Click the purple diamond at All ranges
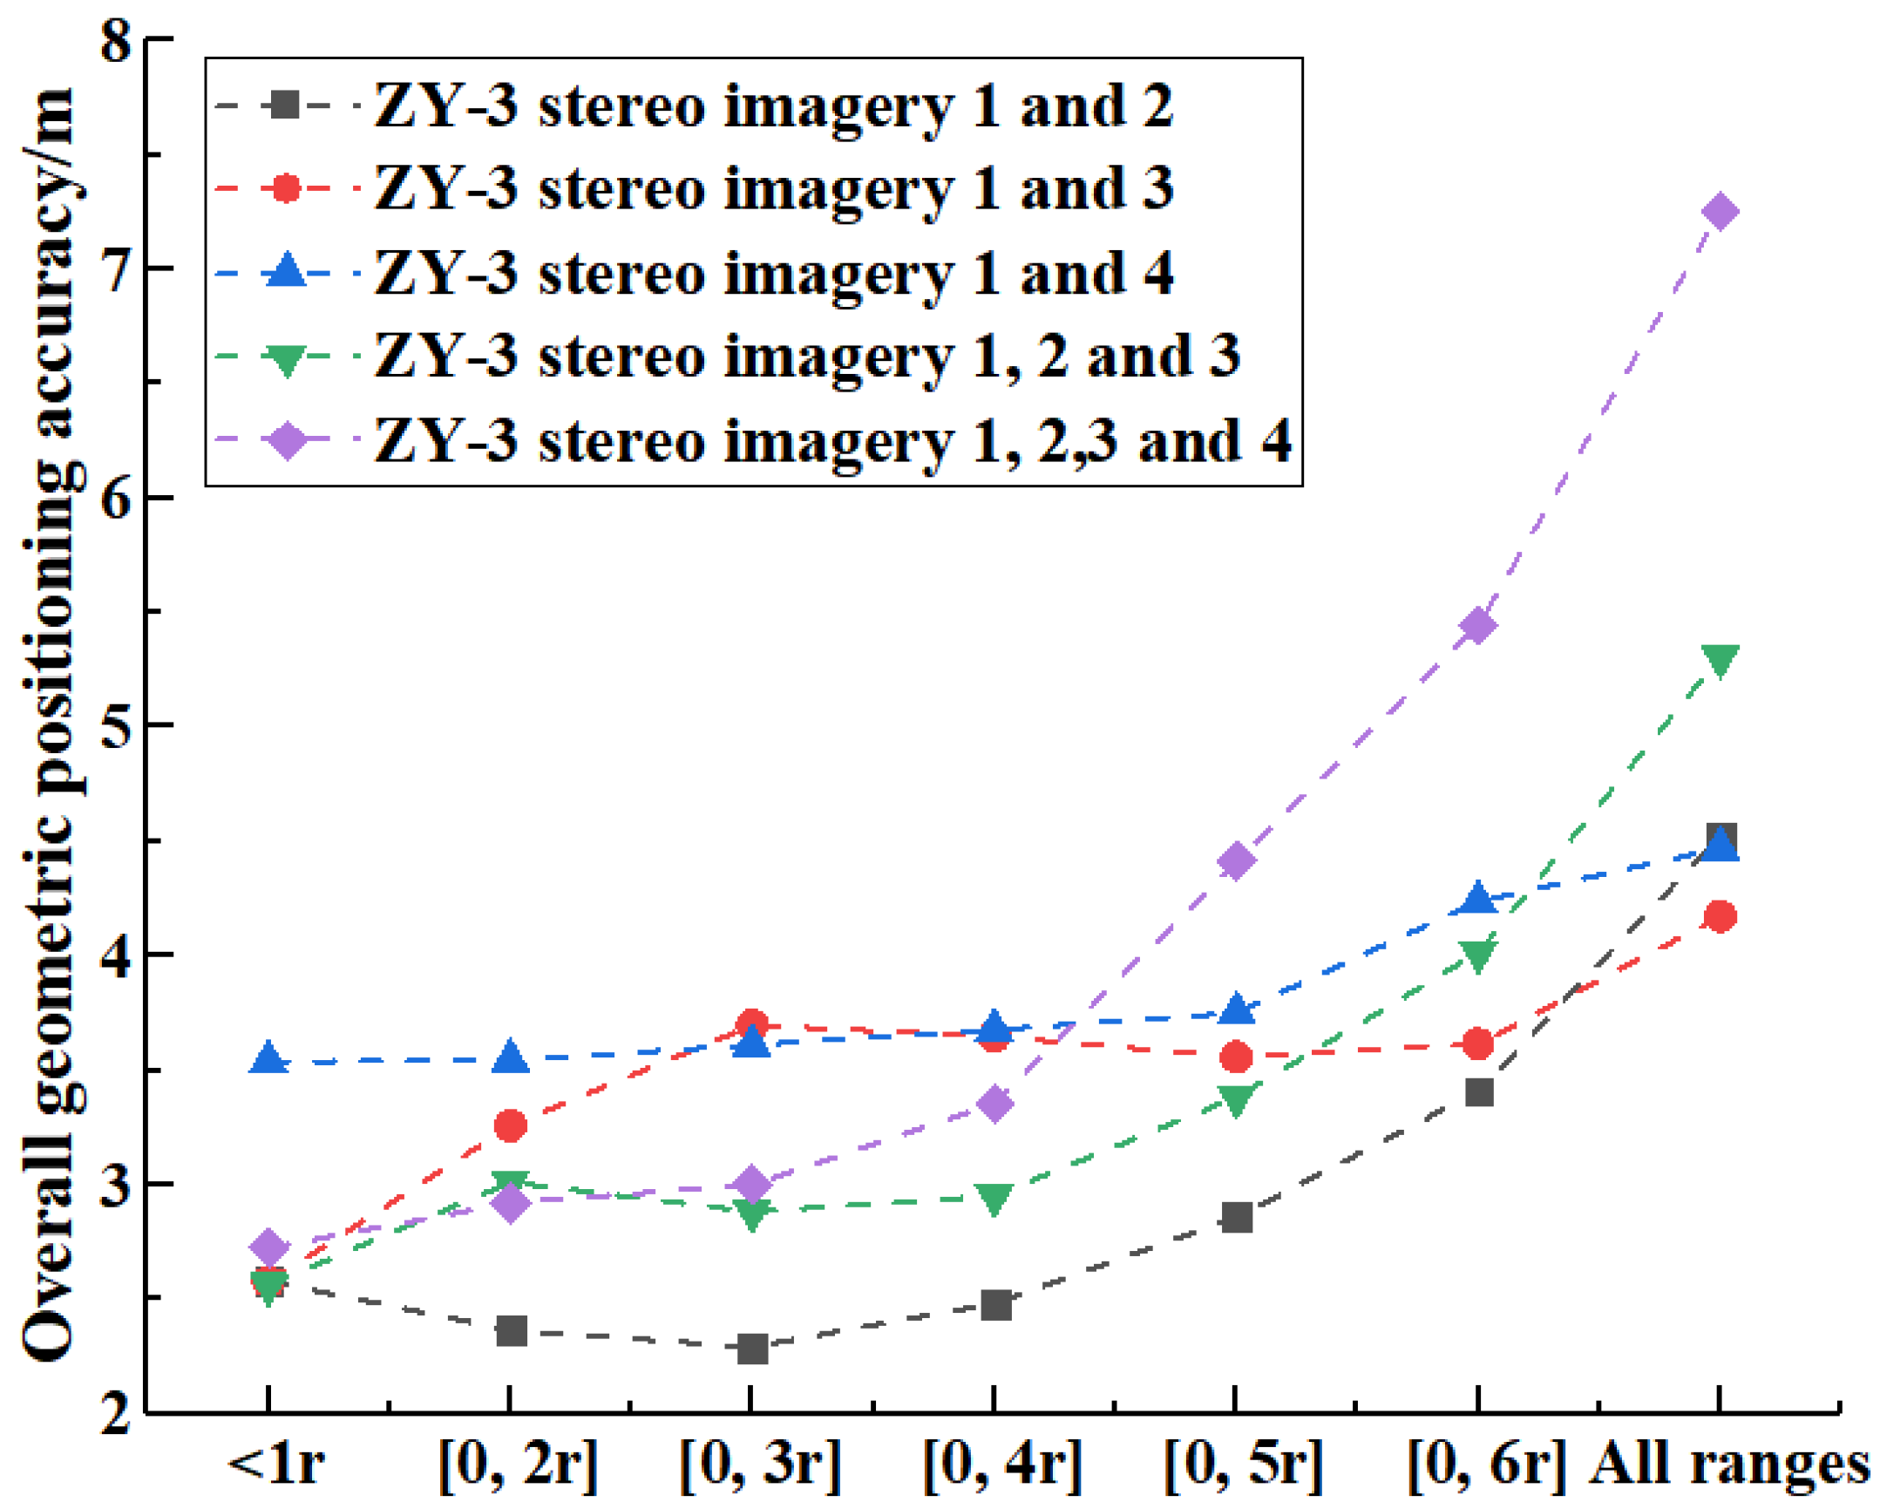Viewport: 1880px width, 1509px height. click(x=1720, y=212)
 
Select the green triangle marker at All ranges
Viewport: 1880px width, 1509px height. click(x=1720, y=660)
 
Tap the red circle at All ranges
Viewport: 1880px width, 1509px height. click(x=1720, y=916)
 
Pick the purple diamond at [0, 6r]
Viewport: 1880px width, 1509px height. click(x=1478, y=625)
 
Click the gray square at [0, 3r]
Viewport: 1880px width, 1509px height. click(x=752, y=1349)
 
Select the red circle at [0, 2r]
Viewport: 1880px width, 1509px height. click(x=510, y=1125)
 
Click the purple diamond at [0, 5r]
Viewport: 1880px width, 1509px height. click(x=1237, y=861)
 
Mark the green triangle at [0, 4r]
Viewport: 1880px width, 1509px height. click(x=995, y=1200)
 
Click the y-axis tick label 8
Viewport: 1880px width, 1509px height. click(x=117, y=39)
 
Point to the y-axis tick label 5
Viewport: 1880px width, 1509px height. click(x=117, y=724)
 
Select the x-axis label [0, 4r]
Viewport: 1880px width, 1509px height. click(x=1001, y=1463)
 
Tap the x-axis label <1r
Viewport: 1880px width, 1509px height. click(x=275, y=1463)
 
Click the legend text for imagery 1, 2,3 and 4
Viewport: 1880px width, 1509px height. click(x=831, y=440)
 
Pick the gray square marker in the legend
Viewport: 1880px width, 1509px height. click(x=285, y=106)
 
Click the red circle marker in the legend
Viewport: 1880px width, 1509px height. click(x=286, y=189)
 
